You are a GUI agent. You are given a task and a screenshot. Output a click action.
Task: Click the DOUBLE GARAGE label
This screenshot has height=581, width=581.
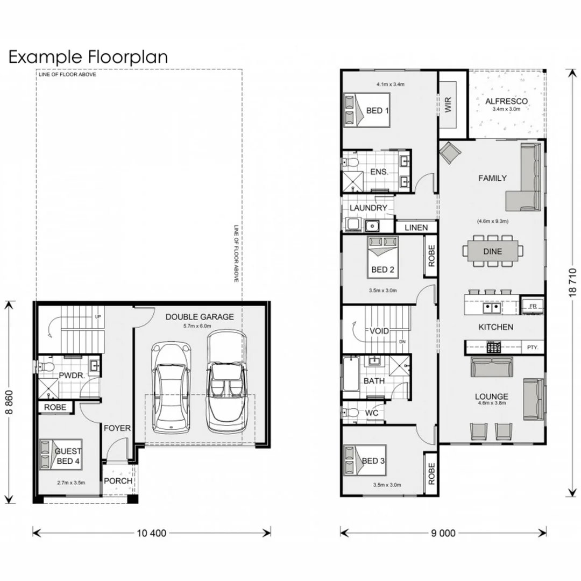pos(200,317)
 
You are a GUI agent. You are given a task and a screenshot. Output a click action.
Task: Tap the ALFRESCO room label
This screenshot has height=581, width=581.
pos(506,101)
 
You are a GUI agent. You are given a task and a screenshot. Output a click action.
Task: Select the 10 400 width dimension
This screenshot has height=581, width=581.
pos(152,533)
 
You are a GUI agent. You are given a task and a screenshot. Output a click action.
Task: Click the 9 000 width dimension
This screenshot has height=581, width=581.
pos(443,533)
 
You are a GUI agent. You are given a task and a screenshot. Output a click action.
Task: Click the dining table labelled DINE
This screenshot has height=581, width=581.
pos(493,251)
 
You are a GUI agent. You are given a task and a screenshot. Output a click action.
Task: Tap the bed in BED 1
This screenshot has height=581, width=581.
pos(367,110)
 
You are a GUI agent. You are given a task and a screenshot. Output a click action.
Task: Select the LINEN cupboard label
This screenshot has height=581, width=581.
pos(416,228)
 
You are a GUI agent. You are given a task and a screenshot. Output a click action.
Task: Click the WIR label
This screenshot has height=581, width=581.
pos(448,104)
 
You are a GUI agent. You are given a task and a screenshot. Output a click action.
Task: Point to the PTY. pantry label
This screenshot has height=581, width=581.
pos(533,348)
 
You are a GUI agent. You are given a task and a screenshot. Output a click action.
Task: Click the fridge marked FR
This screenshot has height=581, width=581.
pos(533,306)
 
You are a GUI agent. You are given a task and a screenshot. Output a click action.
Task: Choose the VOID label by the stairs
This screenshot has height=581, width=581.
pos(379,331)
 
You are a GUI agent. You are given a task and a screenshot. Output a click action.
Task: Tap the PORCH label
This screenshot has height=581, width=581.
pos(118,481)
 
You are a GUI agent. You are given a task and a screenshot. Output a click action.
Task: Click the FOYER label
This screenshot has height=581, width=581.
pos(117,428)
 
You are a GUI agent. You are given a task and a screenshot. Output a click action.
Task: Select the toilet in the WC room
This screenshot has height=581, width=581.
pos(350,413)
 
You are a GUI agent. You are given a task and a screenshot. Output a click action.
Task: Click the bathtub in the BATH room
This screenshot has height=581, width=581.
pos(351,374)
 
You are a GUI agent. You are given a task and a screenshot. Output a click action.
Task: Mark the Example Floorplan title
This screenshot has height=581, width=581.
pos(88,58)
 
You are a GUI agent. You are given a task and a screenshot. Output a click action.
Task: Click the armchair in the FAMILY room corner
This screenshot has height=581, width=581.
pos(450,153)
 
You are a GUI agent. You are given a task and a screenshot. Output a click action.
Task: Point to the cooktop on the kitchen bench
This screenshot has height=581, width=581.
pos(493,348)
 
